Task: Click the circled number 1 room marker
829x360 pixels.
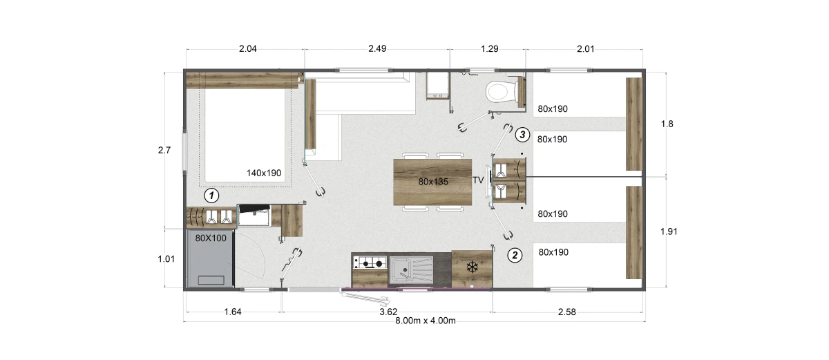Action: point(211,196)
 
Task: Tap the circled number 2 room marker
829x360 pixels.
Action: point(515,255)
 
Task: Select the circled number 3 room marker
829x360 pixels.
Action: point(522,135)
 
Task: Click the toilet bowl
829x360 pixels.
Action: point(499,92)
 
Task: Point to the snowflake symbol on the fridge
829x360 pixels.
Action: point(472,267)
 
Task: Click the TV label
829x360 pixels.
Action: point(478,180)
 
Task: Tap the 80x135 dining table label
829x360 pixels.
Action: point(433,182)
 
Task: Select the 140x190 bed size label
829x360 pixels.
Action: point(264,173)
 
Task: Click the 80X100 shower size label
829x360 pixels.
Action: point(211,238)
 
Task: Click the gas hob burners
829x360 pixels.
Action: point(370,263)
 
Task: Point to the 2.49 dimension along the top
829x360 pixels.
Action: point(377,49)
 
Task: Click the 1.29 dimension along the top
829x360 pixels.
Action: point(489,49)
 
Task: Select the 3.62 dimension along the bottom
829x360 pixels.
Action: point(388,312)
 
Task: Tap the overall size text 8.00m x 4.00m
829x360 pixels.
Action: point(426,321)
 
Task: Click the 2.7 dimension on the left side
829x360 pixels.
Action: point(164,150)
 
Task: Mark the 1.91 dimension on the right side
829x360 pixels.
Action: point(669,231)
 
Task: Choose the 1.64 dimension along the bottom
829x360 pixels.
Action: point(233,312)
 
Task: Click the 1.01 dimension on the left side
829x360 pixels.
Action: point(166,259)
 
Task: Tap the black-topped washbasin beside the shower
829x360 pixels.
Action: point(254,215)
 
